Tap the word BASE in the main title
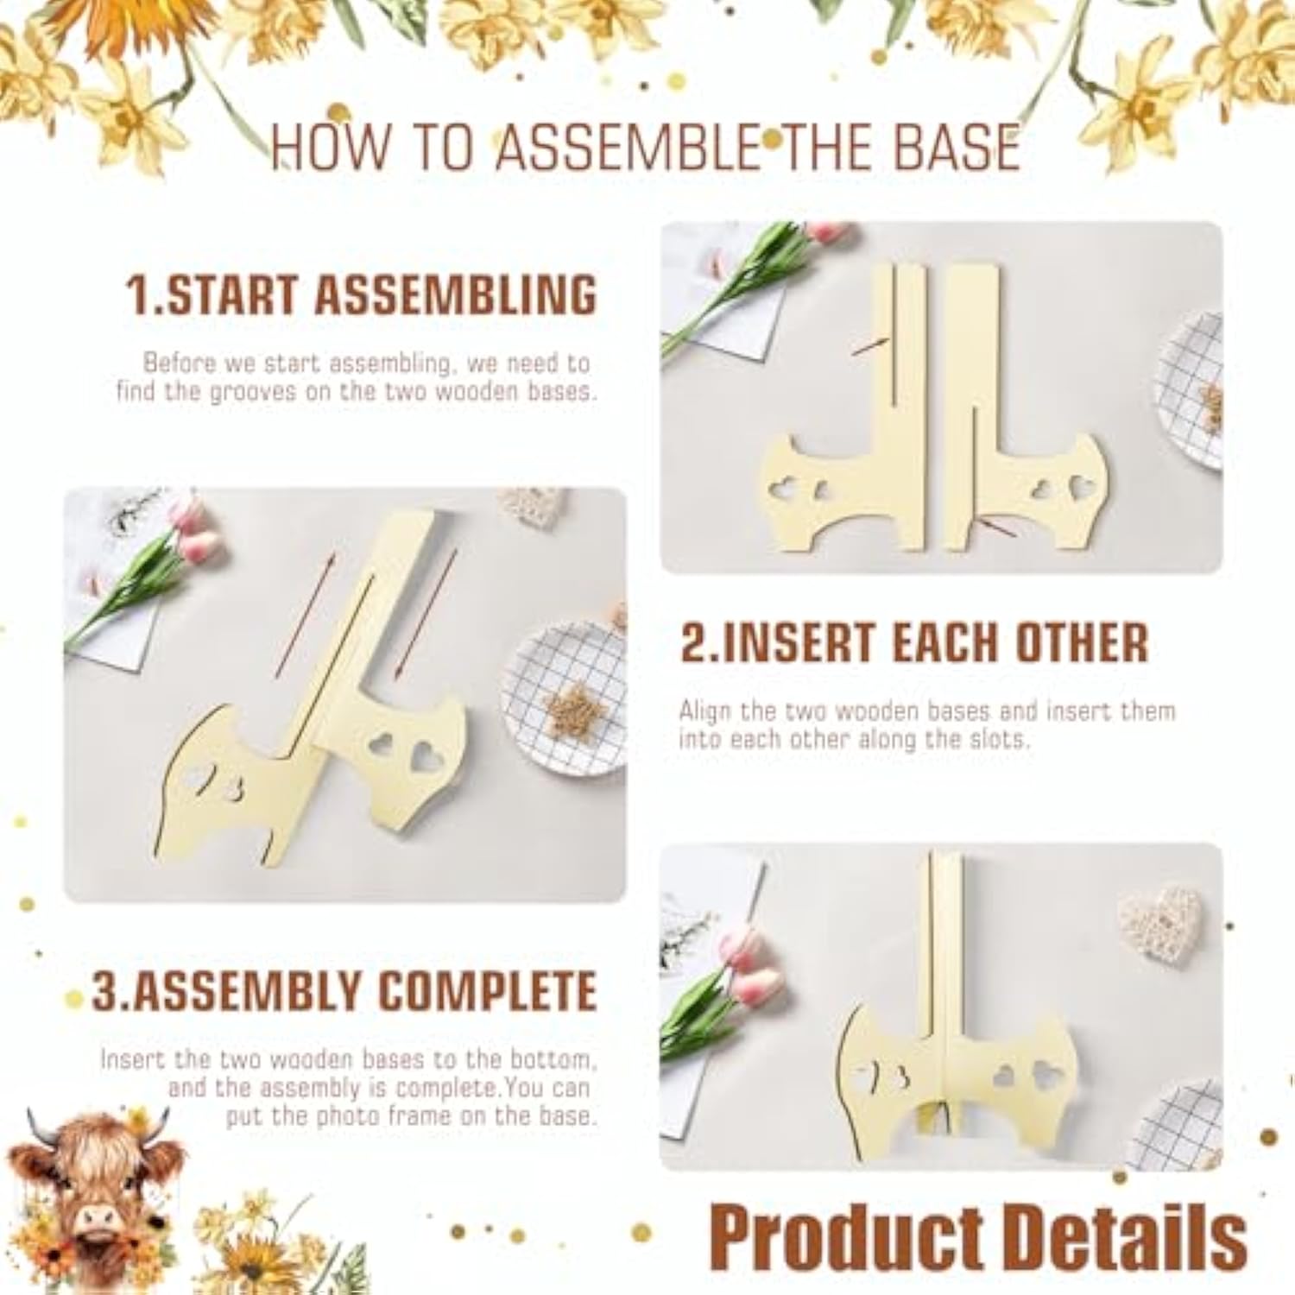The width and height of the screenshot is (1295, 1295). [957, 147]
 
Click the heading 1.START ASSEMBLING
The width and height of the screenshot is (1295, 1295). [362, 295]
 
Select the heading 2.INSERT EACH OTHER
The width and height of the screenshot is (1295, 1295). [914, 642]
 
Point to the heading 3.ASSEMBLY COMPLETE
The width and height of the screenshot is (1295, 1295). [344, 991]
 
